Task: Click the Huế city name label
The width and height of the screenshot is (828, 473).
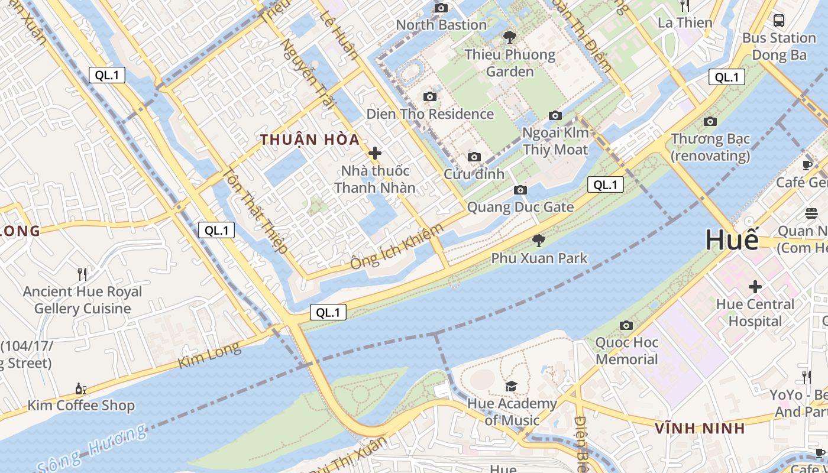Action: [732, 240]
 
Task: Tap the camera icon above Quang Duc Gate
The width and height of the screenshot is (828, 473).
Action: [520, 190]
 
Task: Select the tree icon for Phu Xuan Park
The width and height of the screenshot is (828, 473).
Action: [538, 240]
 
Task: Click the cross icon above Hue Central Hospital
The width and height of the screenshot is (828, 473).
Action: [755, 287]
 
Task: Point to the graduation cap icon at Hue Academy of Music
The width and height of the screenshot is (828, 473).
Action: [511, 386]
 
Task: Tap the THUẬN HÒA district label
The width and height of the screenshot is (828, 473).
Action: [310, 140]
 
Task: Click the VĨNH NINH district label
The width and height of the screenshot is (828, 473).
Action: [700, 428]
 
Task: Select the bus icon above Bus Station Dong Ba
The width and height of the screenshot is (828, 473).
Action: [779, 21]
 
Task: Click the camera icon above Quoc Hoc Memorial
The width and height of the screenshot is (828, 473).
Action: [626, 325]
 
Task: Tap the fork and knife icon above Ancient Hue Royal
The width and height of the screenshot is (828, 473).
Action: [82, 274]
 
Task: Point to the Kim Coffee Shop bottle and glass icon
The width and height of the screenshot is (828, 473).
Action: [81, 388]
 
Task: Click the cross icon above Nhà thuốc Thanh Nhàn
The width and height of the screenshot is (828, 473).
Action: [374, 153]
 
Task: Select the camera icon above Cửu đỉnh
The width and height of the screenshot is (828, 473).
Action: [474, 157]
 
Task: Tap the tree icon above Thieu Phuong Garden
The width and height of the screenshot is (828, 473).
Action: [509, 38]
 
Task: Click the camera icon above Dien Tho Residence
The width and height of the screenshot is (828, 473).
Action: [429, 96]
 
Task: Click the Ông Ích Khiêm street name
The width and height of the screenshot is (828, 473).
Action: [396, 247]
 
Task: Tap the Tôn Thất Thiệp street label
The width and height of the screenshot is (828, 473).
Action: [254, 210]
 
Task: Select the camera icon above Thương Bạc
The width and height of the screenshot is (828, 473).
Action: [710, 122]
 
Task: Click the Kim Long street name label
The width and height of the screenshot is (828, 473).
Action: [209, 355]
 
